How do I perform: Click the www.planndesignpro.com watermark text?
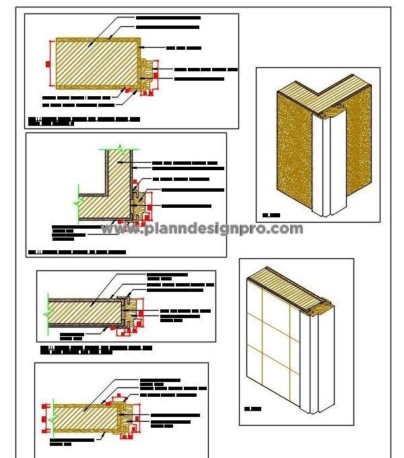pos(202,229)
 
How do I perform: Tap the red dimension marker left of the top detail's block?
pos(48,63)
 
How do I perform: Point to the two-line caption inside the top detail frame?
pos(84,121)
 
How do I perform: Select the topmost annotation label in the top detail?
pos(168,17)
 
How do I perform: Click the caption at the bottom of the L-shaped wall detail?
pos(77,252)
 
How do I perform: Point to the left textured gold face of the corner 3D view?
pos(294,151)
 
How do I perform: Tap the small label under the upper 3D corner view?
pos(271,215)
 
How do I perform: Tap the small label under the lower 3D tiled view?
pos(252,409)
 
